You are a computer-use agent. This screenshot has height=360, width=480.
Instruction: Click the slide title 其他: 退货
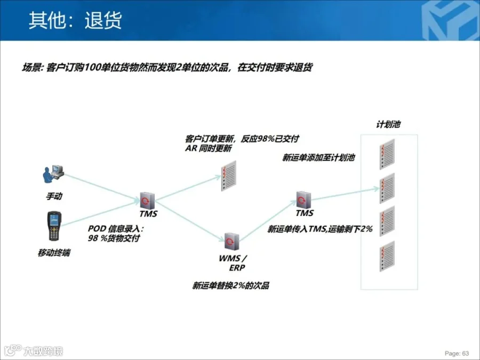click(75, 20)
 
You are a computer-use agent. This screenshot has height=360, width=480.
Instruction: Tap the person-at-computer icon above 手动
click(53, 173)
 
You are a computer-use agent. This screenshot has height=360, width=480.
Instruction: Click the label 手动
click(54, 196)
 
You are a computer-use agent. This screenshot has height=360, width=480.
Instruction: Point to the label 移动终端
click(54, 252)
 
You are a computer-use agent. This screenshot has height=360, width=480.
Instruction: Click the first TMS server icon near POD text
click(147, 199)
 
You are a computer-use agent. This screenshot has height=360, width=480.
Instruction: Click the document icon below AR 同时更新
click(228, 176)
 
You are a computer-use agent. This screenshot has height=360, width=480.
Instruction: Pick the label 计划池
click(388, 125)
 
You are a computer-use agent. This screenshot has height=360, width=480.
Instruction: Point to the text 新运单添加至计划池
click(318, 158)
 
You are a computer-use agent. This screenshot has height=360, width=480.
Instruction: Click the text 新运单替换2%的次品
click(231, 286)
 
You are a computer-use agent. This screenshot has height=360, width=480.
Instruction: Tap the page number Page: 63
click(457, 353)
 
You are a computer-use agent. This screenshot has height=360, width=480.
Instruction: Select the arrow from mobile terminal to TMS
click(101, 213)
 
